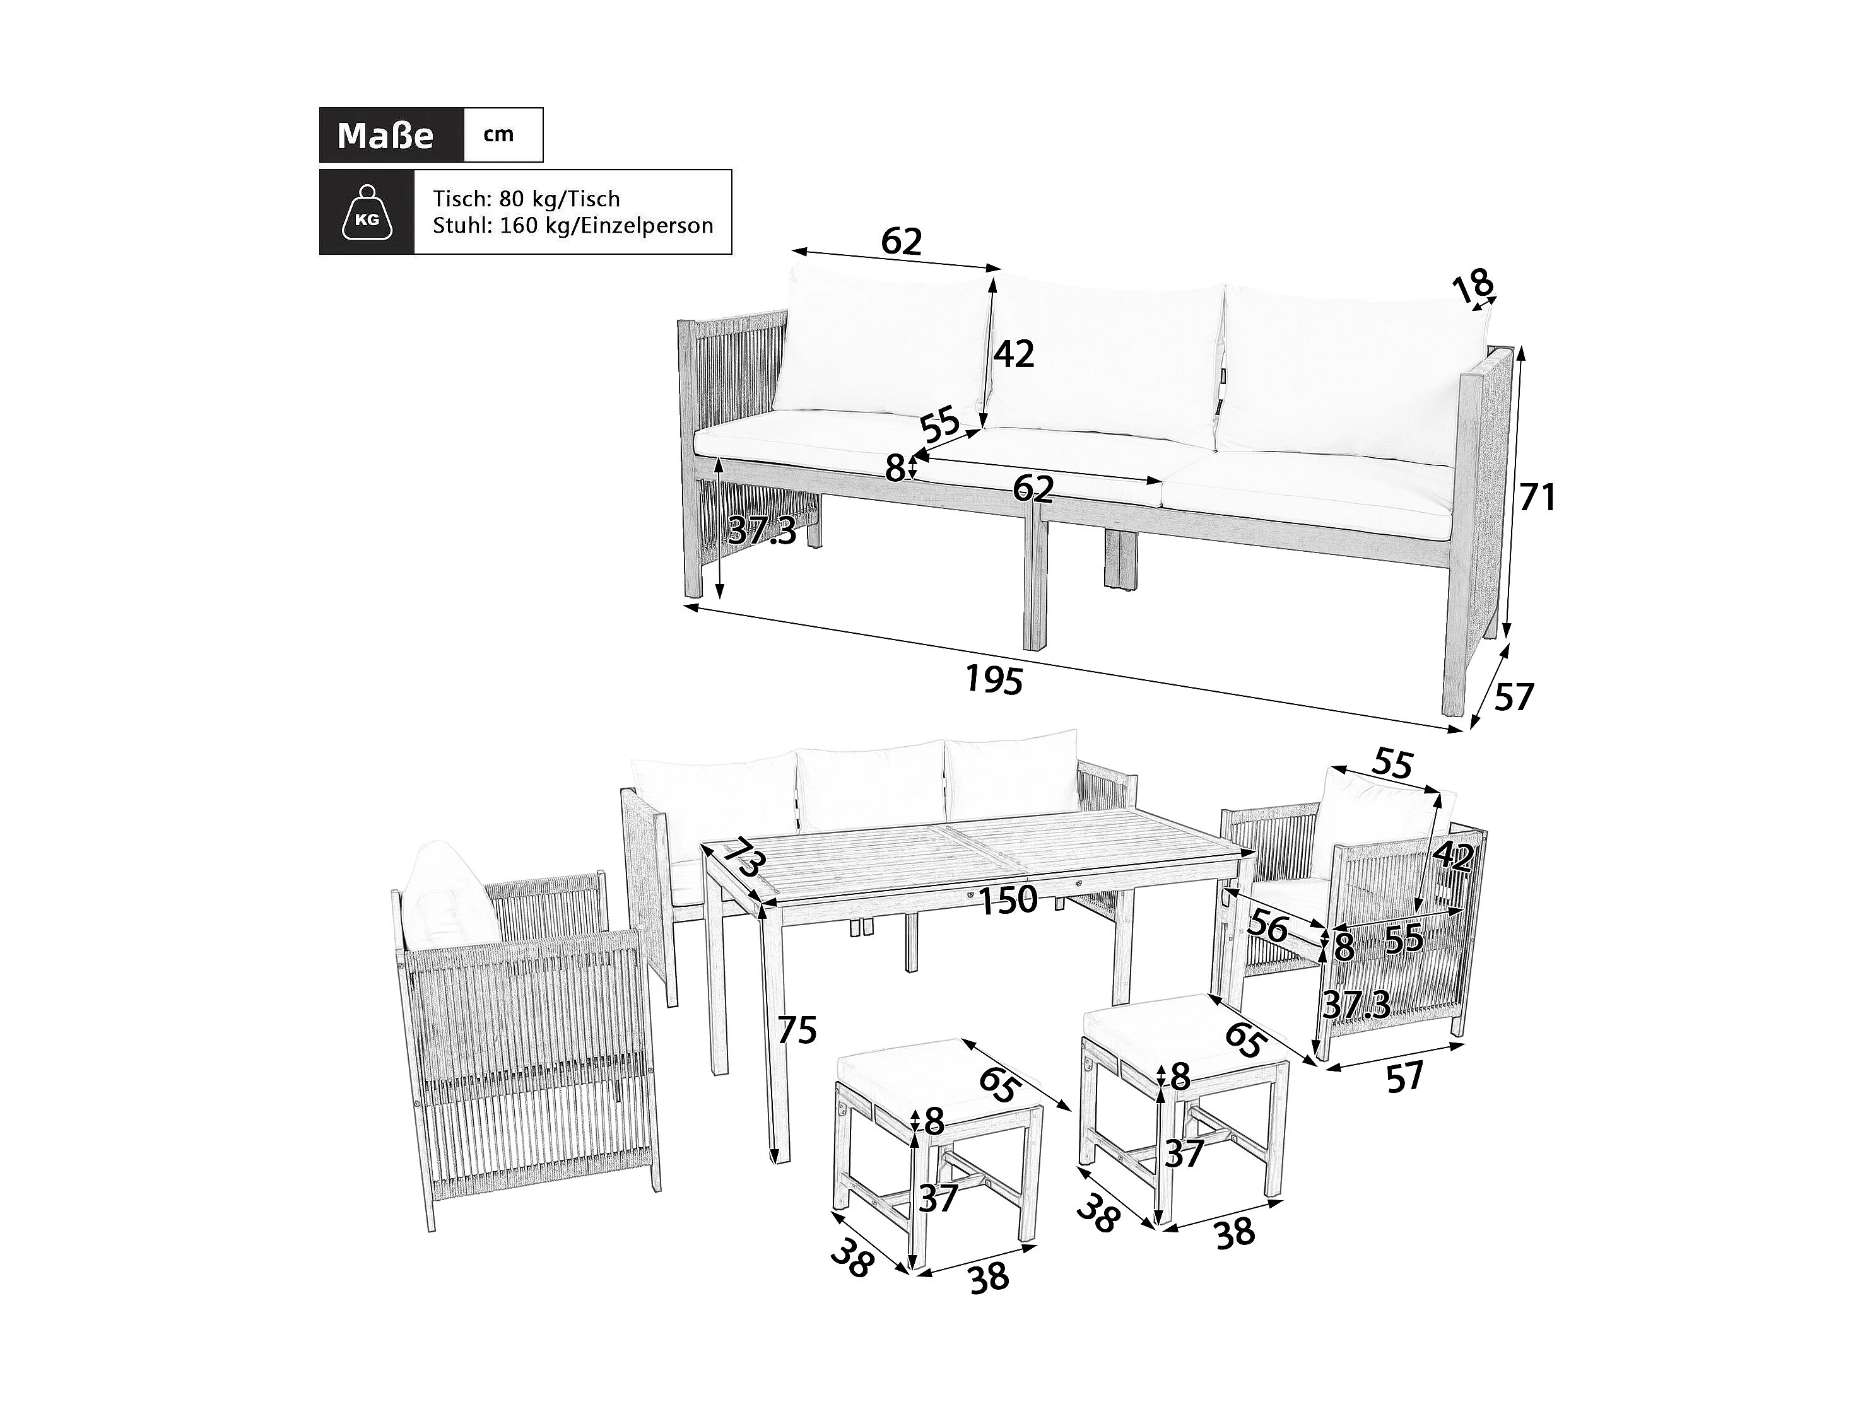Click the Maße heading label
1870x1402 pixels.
coord(385,135)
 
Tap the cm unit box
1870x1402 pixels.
coord(499,135)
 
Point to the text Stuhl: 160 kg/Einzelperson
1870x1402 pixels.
coord(572,226)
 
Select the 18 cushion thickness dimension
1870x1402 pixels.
coord(1473,286)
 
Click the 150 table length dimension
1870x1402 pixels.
coord(1009,900)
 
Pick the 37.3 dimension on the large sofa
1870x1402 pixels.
coord(762,530)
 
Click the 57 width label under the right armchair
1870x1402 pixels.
coord(1405,1077)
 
